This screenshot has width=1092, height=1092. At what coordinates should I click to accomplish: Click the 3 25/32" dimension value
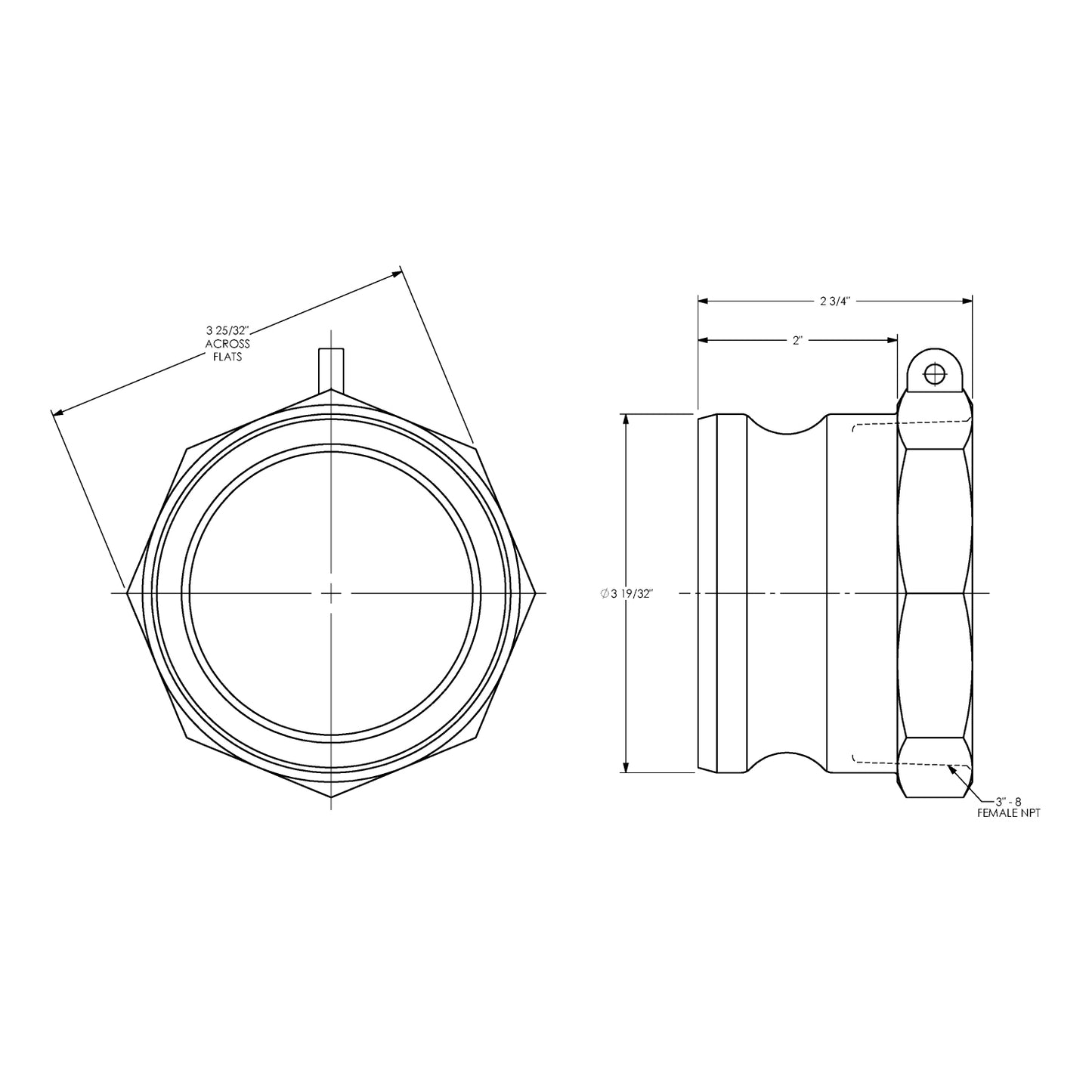[227, 330]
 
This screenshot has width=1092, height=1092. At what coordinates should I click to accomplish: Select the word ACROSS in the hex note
[227, 344]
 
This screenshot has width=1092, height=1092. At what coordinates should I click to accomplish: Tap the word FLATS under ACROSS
[227, 356]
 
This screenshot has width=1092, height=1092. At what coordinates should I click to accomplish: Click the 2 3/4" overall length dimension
[835, 301]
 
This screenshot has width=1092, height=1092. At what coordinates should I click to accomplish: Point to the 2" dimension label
[797, 341]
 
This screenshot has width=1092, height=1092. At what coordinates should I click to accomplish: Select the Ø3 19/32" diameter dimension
[626, 594]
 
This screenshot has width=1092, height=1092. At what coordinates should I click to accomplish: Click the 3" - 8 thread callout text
[1008, 801]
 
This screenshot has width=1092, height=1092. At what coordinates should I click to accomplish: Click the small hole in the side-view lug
[935, 373]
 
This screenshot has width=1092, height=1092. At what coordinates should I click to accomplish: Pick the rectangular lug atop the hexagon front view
[331, 370]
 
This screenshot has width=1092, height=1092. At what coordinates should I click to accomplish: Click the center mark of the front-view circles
[331, 594]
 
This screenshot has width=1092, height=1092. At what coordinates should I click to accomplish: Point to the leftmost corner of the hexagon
[128, 593]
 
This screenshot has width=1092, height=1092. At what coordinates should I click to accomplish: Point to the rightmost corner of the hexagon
[536, 593]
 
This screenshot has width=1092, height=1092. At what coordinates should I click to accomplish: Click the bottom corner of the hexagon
[331, 797]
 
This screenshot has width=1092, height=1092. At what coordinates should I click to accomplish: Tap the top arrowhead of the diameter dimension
[626, 419]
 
